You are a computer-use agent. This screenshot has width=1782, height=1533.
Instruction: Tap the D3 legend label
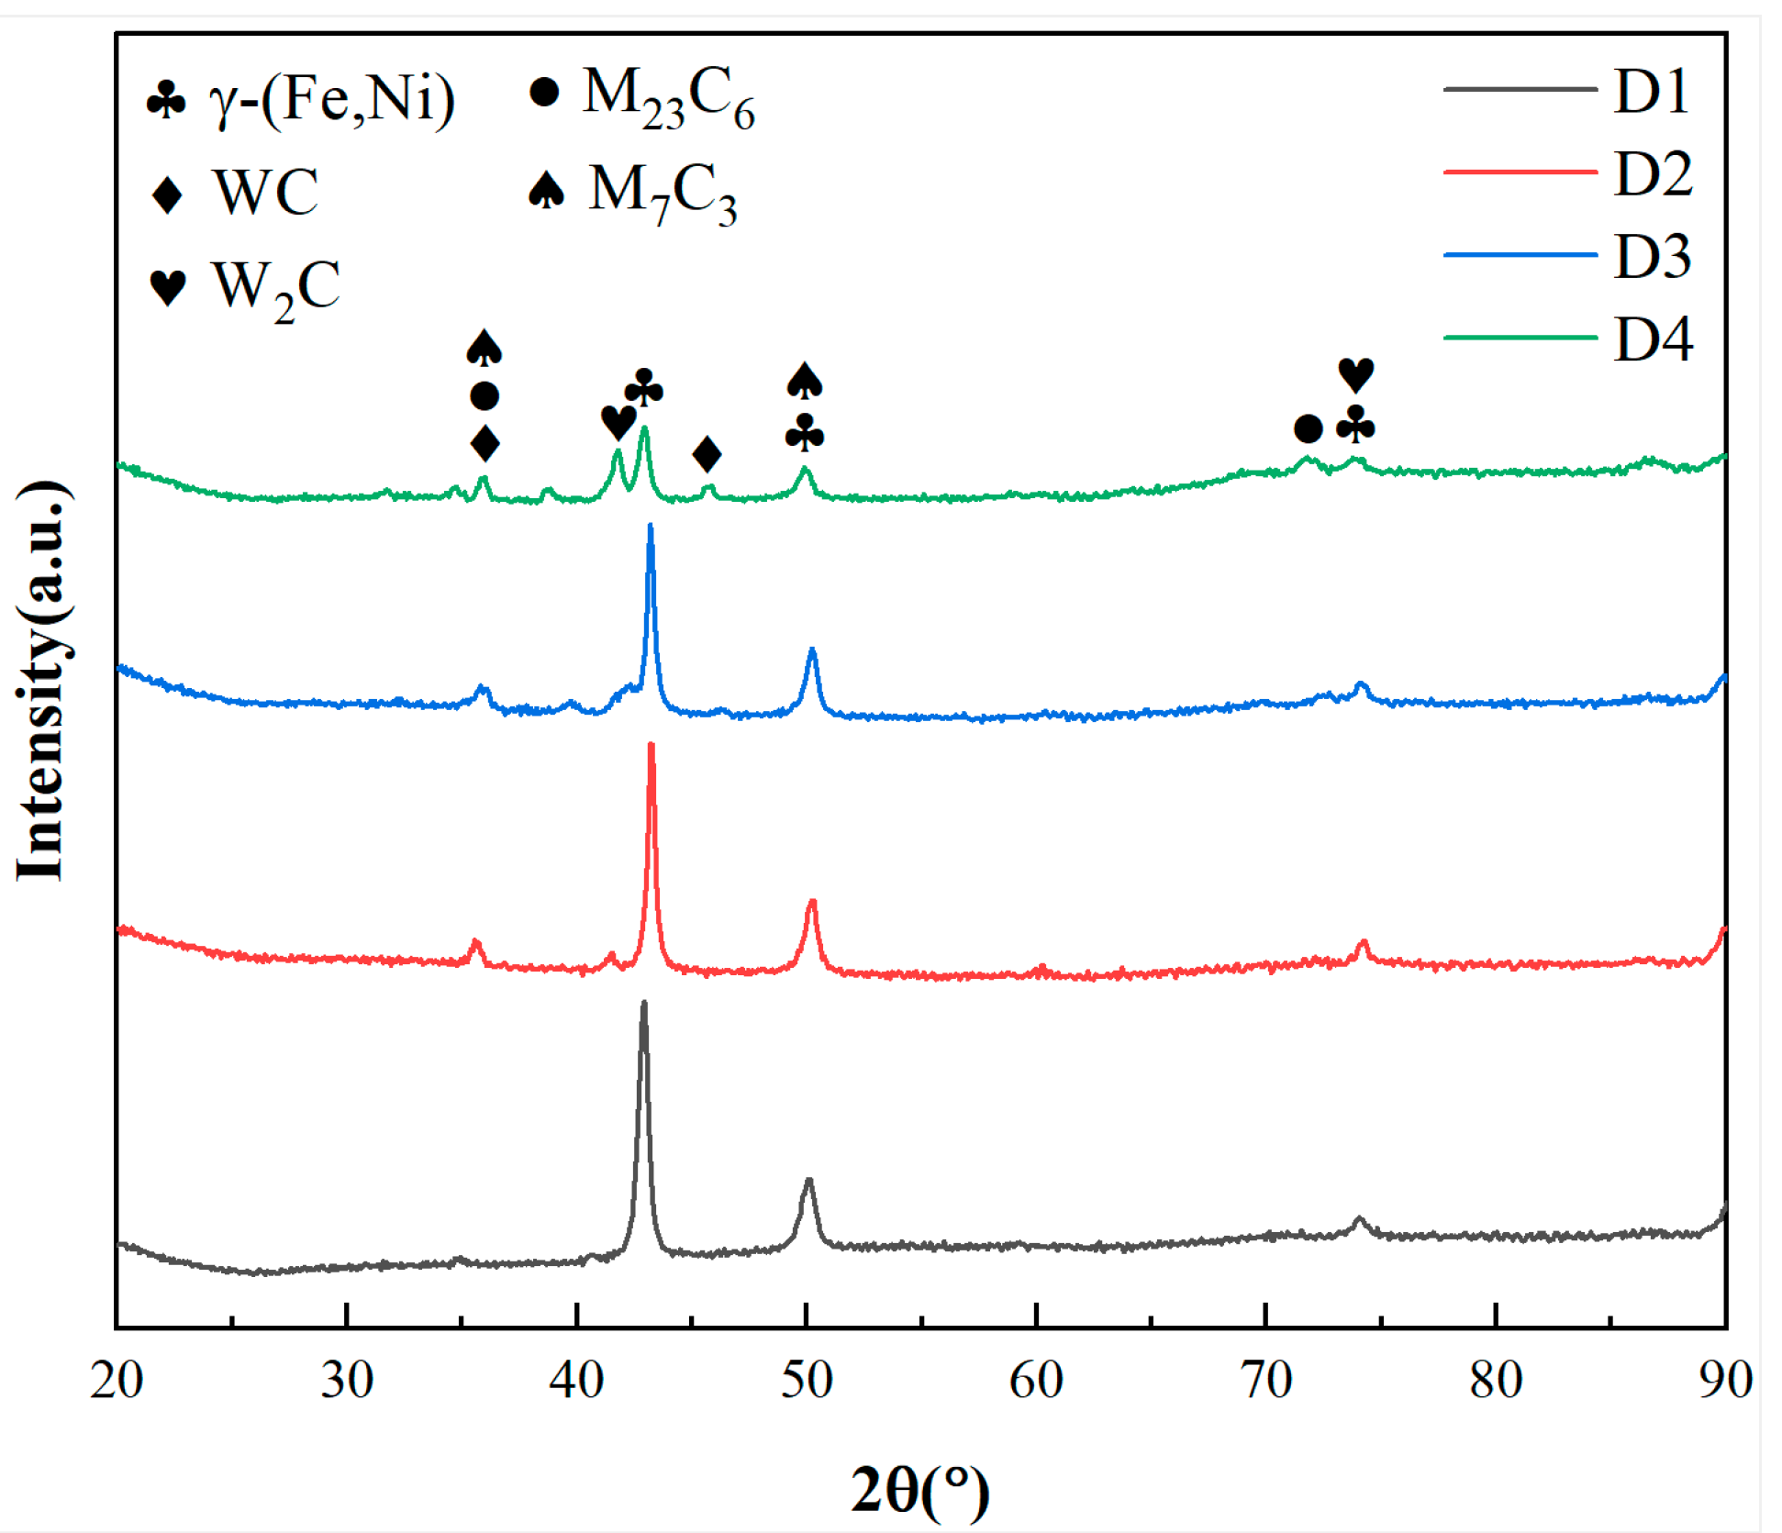click(x=1652, y=256)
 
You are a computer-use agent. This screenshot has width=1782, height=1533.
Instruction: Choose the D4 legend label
click(x=1652, y=339)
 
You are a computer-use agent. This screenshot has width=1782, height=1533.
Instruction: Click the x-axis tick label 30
click(x=346, y=1379)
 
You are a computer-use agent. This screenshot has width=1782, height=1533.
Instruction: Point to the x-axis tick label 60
click(x=1035, y=1379)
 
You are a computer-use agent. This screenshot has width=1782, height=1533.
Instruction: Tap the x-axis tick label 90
click(x=1724, y=1379)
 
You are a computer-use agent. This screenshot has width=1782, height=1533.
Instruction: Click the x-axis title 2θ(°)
click(x=919, y=1488)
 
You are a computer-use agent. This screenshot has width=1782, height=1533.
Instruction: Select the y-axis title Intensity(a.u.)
click(x=41, y=679)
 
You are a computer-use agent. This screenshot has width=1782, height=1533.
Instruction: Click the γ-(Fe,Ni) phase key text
click(x=331, y=98)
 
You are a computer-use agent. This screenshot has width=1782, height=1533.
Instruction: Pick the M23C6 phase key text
click(x=668, y=96)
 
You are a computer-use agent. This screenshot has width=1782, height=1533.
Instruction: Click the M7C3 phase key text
click(x=662, y=194)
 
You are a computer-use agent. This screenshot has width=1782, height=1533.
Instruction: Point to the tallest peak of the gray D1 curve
click(x=643, y=1005)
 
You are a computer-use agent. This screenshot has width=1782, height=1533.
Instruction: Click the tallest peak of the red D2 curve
click(x=651, y=746)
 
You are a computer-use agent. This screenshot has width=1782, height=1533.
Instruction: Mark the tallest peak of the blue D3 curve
click(x=650, y=527)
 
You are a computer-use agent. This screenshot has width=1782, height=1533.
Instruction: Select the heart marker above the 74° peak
click(x=1355, y=374)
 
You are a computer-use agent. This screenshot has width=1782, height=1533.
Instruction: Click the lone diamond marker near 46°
click(x=707, y=453)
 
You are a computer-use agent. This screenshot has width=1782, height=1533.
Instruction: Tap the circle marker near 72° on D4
click(x=1308, y=428)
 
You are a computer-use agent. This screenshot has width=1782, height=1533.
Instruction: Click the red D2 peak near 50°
click(x=811, y=904)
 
